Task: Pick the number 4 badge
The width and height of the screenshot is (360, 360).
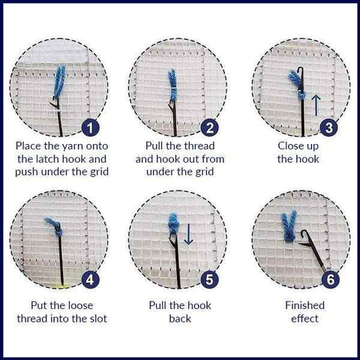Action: (91, 280)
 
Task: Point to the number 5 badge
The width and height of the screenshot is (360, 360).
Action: (211, 280)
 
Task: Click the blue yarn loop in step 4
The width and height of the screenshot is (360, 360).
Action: (52, 224)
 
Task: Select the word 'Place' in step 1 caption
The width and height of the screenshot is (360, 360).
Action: (31, 145)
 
